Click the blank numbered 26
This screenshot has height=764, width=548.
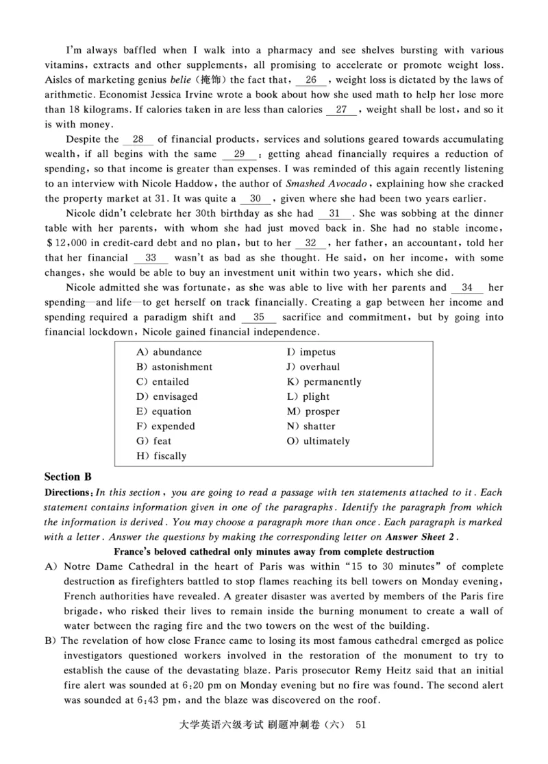pyautogui.click(x=311, y=80)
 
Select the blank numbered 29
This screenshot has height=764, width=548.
pyautogui.click(x=240, y=154)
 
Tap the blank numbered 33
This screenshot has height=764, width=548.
pyautogui.click(x=151, y=258)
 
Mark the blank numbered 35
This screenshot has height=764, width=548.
pyautogui.click(x=259, y=318)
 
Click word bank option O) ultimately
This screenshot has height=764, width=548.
pyautogui.click(x=318, y=441)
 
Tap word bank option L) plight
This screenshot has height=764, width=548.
pyautogui.click(x=308, y=396)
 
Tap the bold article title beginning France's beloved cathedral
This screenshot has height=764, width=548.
pyautogui.click(x=273, y=551)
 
